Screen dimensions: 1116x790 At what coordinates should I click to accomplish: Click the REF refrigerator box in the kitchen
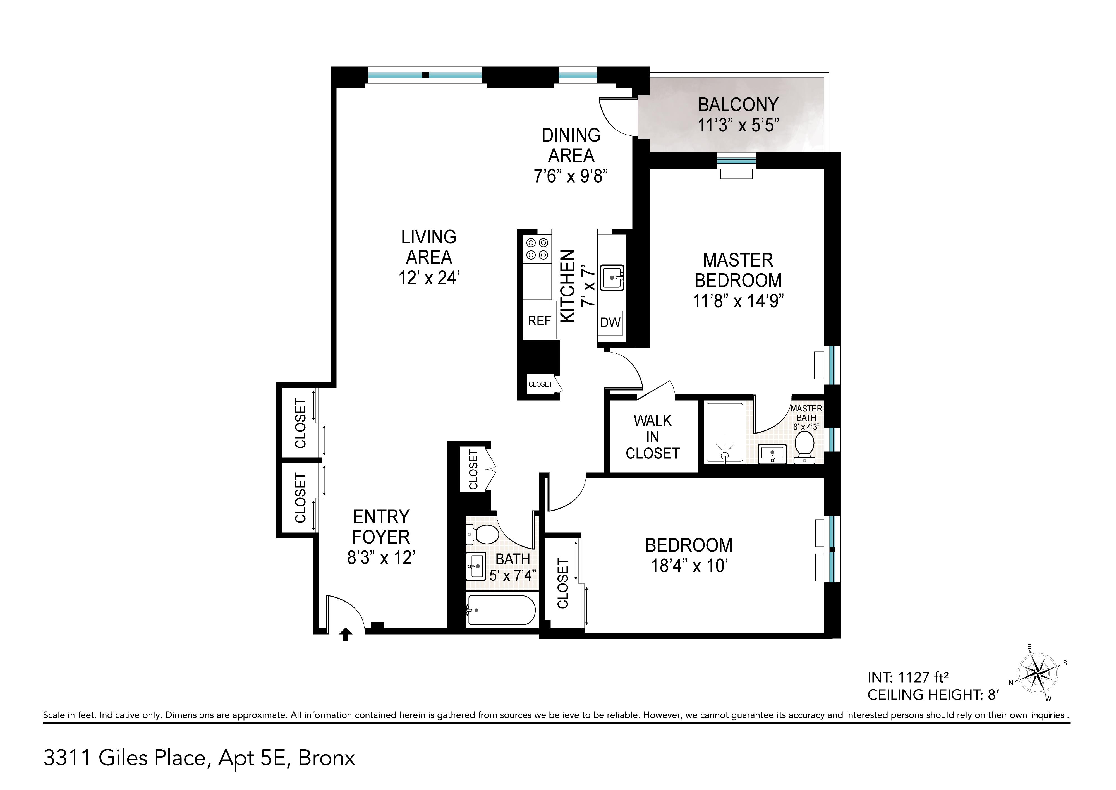(540, 320)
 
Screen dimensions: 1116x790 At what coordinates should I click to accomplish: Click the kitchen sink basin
(612, 277)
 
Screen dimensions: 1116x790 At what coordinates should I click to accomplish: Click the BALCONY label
(738, 105)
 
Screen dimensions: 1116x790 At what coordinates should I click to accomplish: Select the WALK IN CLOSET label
(652, 437)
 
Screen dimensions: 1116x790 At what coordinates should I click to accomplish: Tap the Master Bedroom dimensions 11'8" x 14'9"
(738, 301)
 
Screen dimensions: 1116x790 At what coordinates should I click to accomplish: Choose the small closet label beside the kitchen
(540, 384)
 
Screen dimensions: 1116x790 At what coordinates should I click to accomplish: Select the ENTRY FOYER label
(381, 526)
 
